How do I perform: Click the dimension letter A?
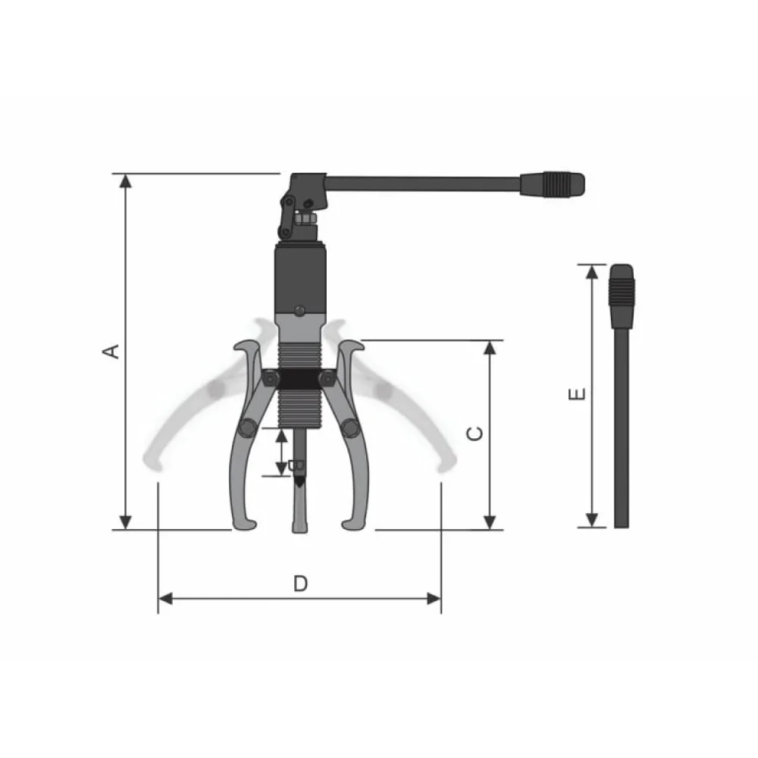click(x=112, y=352)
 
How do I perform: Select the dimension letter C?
click(x=475, y=434)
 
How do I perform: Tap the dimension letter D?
click(x=300, y=584)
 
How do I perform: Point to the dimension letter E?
click(x=577, y=394)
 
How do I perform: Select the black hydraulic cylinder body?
click(x=300, y=279)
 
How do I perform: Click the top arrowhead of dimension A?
click(x=126, y=181)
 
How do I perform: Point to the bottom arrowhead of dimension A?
click(x=126, y=522)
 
